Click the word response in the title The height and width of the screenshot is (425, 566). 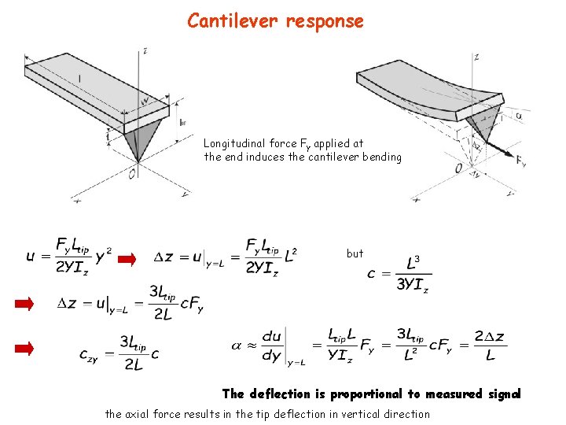[325, 21]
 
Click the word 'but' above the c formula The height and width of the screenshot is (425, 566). [355, 253]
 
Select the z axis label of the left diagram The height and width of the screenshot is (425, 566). [146, 51]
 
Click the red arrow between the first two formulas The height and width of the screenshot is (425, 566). [128, 257]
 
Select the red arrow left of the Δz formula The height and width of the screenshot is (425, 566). [26, 305]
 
